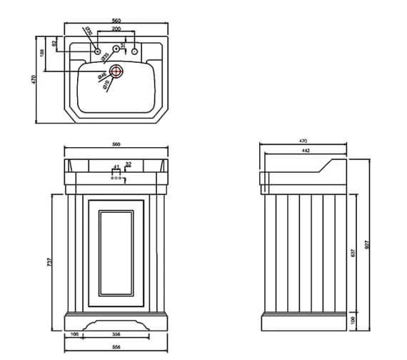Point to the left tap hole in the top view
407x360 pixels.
pos(94,51)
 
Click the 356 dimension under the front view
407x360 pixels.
pos(117,333)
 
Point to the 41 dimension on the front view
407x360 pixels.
pos(117,166)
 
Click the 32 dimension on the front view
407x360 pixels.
pos(129,164)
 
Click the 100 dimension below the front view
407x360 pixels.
pos(74,333)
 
